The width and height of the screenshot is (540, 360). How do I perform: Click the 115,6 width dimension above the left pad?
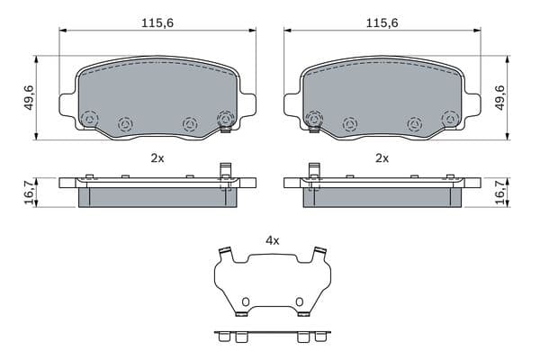tap(157, 23)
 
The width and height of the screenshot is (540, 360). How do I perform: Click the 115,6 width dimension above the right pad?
tap(382, 23)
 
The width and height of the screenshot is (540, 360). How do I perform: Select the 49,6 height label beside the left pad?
tap(29, 97)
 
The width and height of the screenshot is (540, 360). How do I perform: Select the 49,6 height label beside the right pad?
tap(499, 97)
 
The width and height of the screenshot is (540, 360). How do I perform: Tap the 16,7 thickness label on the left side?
tap(30, 193)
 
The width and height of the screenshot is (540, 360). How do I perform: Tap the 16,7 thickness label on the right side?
tap(499, 193)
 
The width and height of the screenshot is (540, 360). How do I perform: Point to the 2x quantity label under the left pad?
tap(157, 158)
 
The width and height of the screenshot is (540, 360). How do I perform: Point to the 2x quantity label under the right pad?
tap(382, 158)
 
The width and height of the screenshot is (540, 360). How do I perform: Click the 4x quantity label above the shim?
tap(273, 241)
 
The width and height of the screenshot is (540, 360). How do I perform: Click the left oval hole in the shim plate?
tap(245, 302)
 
